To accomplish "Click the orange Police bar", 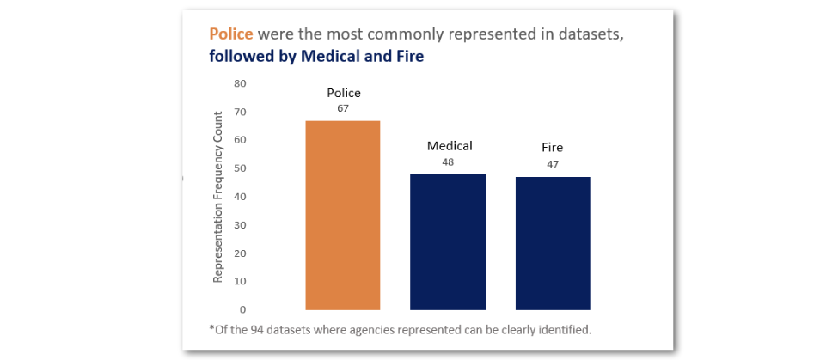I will coord(343,215).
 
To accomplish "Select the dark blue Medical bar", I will coord(448,241).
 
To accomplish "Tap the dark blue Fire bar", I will coord(553,243).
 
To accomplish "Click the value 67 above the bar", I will coord(343,108).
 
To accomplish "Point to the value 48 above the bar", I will coord(448,162).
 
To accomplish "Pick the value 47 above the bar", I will coord(553,163).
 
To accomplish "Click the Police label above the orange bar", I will coord(343,93).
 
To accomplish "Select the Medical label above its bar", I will coord(450,146).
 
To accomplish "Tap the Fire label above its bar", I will coord(553,148).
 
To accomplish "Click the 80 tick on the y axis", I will coord(240,83).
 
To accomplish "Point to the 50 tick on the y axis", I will coord(240,168).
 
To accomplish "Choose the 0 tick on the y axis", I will coord(243,309).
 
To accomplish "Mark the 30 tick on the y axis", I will coord(240,225).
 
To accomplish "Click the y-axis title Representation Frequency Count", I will coord(218,196).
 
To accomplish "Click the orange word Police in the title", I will coord(231,34).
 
